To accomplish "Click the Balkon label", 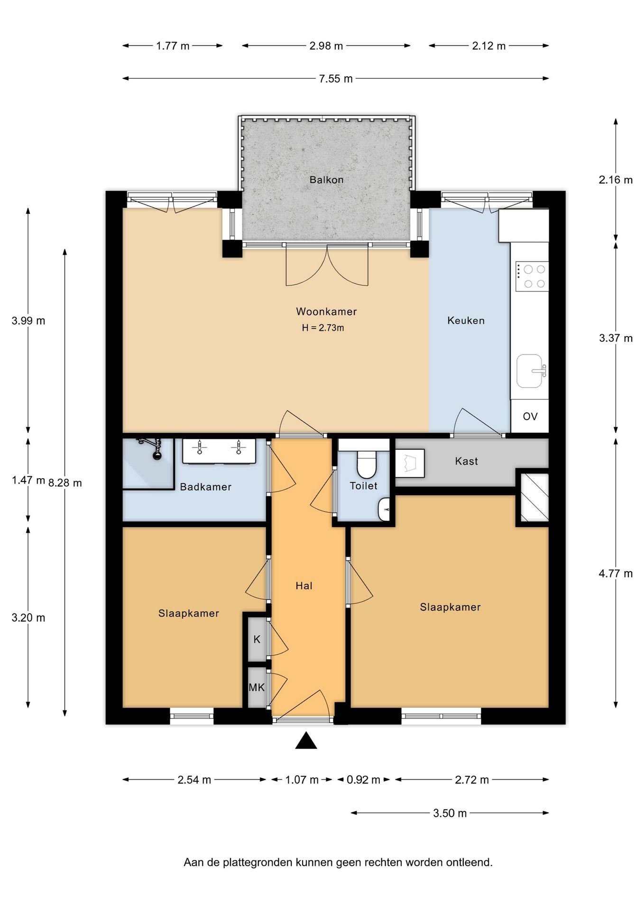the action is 326,180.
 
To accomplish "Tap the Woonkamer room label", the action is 326,311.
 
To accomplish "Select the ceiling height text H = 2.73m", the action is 323,328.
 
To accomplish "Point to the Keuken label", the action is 466,320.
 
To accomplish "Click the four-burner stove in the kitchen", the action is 532,276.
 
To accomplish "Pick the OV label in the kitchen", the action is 530,416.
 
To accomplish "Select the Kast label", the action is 466,461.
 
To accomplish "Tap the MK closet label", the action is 257,687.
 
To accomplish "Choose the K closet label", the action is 257,639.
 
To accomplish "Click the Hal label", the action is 304,586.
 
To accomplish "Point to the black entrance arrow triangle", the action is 306,741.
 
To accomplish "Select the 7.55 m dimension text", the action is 336,79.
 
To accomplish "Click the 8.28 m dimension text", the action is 65,483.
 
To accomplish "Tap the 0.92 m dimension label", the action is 363,780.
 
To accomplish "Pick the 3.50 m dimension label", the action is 450,813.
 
